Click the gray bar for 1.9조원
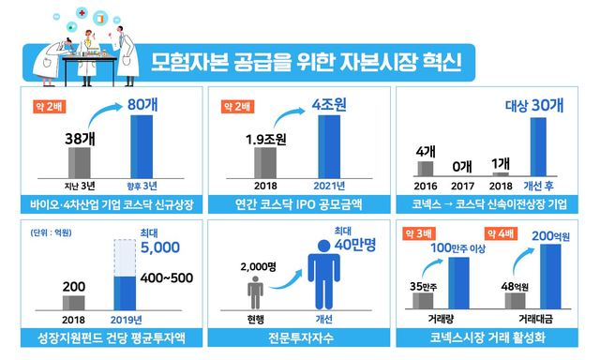[264, 161]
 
